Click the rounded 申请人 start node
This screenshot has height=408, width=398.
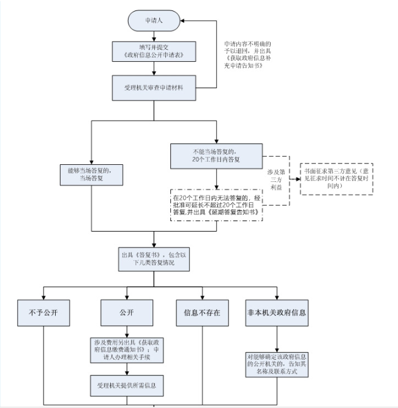coord(153,20)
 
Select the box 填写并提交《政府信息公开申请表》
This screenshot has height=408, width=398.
coord(153,51)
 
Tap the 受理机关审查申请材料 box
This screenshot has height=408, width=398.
coord(153,88)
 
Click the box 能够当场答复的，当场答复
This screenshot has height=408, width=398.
coord(92,173)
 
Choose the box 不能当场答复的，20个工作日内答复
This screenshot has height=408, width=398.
coord(216,156)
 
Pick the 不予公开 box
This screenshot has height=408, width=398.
coord(44,312)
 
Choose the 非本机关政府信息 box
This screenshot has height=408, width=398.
coord(276,312)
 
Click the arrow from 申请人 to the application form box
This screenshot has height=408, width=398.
coord(153,35)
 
